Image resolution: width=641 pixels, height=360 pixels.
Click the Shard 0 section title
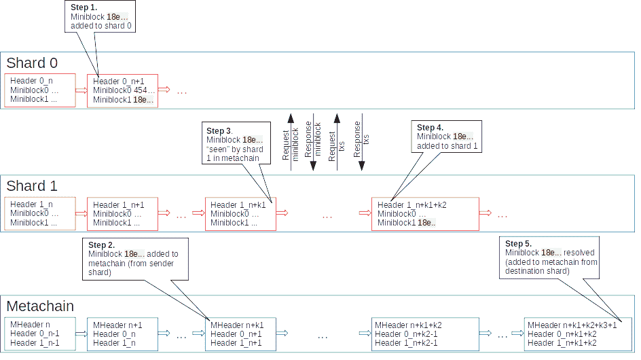click(x=32, y=63)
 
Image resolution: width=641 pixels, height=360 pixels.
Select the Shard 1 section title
click(x=32, y=185)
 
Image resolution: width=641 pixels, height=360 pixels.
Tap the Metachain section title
click(x=40, y=306)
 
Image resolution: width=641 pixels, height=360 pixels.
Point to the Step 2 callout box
click(x=130, y=258)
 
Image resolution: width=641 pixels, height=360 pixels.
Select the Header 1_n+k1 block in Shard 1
click(x=240, y=214)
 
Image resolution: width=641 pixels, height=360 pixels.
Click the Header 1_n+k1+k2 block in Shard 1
click(x=424, y=214)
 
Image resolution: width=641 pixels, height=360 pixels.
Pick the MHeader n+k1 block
click(x=240, y=334)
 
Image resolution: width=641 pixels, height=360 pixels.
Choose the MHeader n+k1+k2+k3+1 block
click(x=578, y=334)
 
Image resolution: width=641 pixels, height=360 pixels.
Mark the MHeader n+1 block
click(x=122, y=334)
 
